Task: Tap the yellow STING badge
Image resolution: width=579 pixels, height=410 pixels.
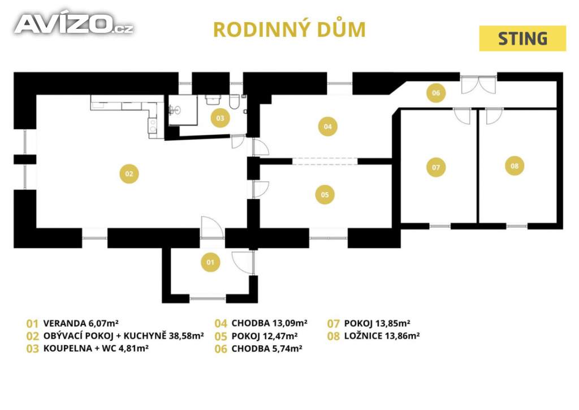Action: [522, 39]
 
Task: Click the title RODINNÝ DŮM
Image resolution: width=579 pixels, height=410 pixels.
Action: [289, 30]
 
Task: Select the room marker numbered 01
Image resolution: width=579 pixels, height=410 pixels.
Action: [210, 262]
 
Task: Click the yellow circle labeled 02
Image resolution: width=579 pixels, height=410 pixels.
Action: [129, 174]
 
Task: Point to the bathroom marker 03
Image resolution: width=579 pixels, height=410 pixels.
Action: [220, 118]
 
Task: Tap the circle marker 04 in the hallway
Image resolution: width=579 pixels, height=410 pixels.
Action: [328, 126]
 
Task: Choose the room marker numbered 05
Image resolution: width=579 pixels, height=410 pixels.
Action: [325, 194]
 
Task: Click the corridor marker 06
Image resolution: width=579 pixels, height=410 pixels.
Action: [436, 93]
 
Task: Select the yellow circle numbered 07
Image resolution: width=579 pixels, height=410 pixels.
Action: [436, 167]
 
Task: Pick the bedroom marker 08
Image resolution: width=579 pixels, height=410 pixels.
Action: [515, 166]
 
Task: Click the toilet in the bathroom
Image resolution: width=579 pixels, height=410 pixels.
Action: [234, 102]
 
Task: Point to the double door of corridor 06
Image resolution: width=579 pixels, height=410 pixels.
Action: [478, 85]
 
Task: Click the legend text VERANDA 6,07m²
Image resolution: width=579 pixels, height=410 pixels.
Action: [81, 323]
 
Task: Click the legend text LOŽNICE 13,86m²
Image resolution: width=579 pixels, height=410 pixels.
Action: [382, 336]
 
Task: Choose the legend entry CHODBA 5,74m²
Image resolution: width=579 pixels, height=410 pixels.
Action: [267, 349]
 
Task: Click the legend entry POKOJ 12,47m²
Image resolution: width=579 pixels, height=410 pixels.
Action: [265, 336]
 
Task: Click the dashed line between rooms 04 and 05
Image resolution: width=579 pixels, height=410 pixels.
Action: [325, 161]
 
